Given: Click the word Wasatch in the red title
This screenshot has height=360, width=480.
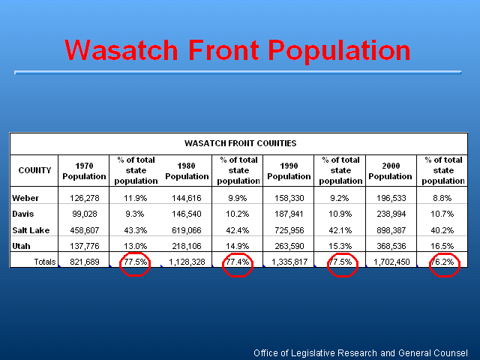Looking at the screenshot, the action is (x=121, y=50).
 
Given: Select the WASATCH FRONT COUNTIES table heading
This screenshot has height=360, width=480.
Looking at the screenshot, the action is (x=240, y=143).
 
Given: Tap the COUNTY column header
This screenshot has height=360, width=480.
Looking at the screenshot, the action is (x=34, y=170).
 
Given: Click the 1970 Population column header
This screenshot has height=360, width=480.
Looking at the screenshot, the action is (x=84, y=171).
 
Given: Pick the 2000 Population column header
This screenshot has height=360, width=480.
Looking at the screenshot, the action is (x=390, y=171).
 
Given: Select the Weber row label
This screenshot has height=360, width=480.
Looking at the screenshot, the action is (x=25, y=198).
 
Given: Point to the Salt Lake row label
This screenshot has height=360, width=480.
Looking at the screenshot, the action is (x=31, y=230).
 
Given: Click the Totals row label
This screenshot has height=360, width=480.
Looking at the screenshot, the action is (x=45, y=262).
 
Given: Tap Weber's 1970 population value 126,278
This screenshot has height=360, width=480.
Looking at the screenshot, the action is (x=85, y=198).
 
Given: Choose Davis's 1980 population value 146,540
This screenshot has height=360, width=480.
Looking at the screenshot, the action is (x=187, y=214).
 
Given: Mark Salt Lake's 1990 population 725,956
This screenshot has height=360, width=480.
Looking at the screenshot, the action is (x=289, y=230).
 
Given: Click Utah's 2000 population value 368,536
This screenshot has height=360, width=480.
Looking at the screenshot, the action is (x=391, y=246).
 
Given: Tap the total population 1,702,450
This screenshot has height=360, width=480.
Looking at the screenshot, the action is (x=391, y=262).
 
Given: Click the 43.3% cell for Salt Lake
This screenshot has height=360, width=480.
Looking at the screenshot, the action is (x=135, y=230).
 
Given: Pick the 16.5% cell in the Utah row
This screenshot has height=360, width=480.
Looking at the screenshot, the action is (x=442, y=246).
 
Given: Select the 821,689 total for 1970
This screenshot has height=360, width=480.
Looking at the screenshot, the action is (x=85, y=262).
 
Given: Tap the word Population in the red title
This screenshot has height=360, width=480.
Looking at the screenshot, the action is (x=339, y=52).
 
